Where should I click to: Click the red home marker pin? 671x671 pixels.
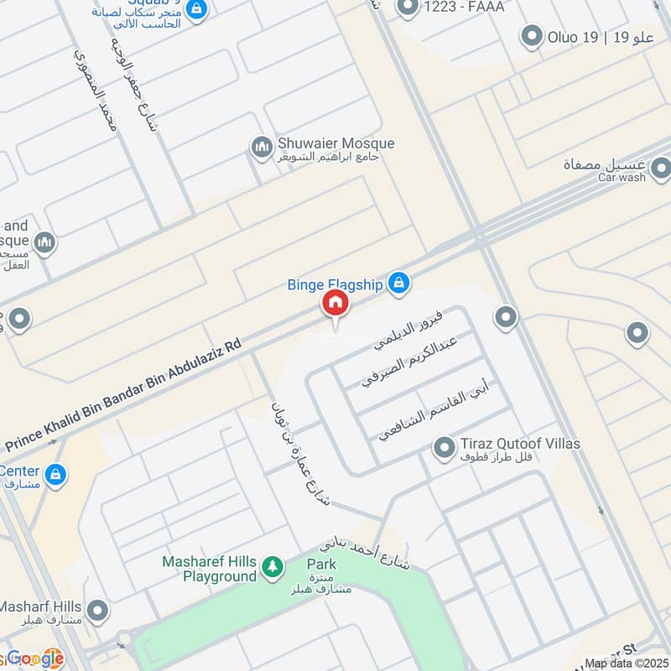pos(335,304)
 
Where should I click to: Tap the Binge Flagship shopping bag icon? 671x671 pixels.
pos(400,284)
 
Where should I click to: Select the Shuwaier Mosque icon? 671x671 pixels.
pos(262,148)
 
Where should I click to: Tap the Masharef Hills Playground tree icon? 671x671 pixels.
pos(272,569)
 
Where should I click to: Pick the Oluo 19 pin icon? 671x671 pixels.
pos(531,37)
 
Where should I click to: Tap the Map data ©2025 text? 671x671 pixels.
pos(626,663)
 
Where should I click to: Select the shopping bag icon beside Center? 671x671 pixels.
pos(55,475)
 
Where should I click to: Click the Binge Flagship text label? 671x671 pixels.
pos(335,284)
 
